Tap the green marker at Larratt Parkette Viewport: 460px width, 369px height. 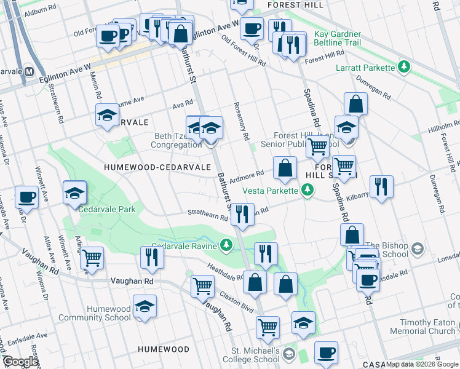(404, 66)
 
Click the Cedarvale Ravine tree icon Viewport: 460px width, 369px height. (227, 246)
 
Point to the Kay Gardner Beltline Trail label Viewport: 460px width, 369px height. (336, 38)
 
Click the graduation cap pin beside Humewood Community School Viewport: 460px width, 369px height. (145, 306)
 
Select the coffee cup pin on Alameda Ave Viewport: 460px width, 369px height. (26, 196)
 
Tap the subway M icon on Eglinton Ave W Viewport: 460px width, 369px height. (29, 71)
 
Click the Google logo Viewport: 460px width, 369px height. (20, 362)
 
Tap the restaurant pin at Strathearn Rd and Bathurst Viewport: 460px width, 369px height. (242, 214)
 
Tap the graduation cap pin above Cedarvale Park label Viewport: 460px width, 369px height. (74, 192)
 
